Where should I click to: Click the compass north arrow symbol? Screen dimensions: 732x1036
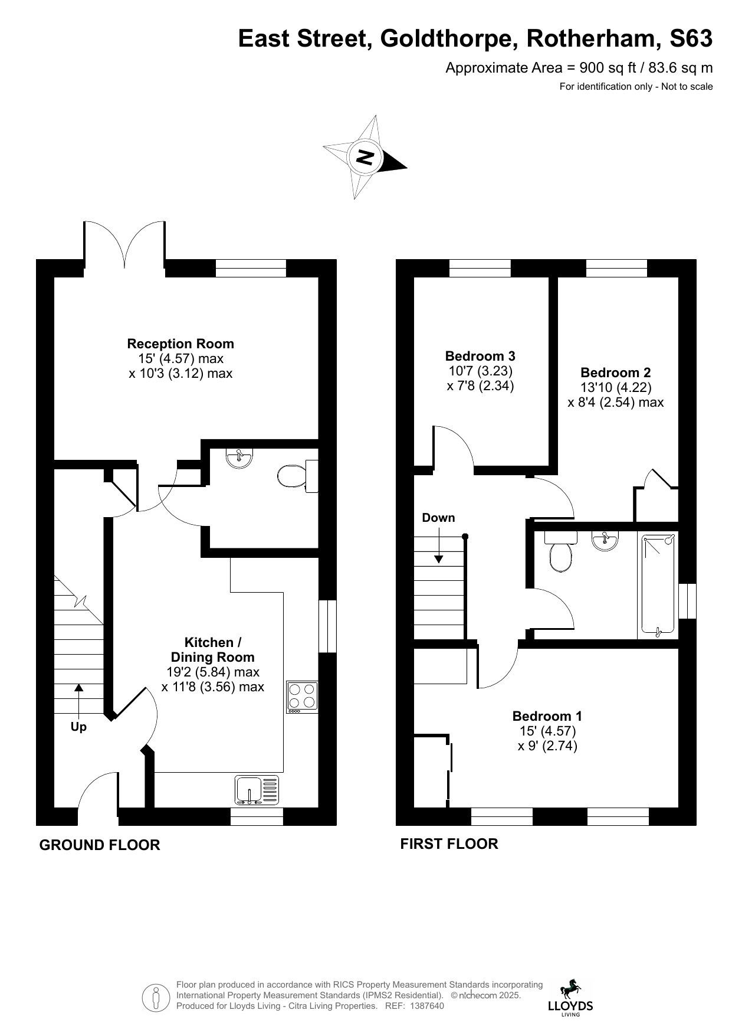tap(365, 157)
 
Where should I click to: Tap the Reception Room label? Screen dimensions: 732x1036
tap(180, 344)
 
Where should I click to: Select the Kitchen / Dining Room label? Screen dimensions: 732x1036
tap(212, 649)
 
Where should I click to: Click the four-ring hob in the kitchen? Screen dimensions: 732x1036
tap(303, 697)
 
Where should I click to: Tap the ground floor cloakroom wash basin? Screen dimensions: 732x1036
tap(239, 459)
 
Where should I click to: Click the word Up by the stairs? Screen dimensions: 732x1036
tap(78, 727)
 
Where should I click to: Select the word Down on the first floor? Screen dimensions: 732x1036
tap(438, 518)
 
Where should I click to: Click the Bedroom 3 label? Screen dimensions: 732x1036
tap(480, 356)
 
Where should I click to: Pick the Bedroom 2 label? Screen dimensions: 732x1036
tap(616, 372)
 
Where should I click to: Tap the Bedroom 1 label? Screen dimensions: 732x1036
tap(547, 716)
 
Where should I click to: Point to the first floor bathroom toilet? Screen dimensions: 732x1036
tap(560, 551)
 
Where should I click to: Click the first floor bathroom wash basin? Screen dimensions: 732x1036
tap(605, 541)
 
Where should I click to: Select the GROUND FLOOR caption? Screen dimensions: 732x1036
tap(100, 845)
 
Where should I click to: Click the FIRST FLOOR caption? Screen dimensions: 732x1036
tap(449, 844)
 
